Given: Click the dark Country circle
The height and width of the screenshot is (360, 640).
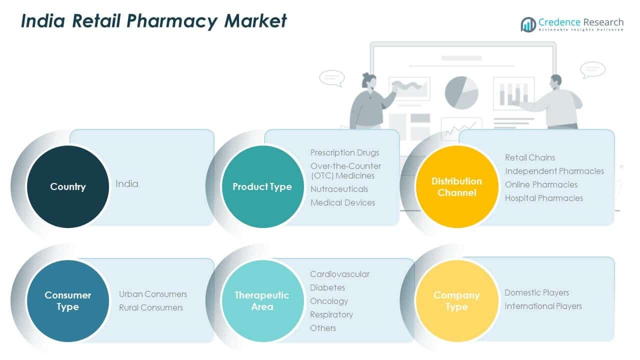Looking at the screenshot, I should tap(67, 186).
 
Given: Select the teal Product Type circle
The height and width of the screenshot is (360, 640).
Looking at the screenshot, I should tap(262, 186).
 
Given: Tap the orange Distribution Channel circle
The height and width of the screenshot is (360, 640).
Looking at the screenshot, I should tap(456, 186).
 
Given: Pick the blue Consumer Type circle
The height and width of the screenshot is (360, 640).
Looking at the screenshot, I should tap(67, 301).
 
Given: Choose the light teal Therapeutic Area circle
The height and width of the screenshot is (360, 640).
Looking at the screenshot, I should tap(262, 301).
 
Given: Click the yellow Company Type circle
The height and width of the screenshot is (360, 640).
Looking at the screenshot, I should tap(456, 301).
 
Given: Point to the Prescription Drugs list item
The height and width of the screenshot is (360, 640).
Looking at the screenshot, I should tap(344, 152).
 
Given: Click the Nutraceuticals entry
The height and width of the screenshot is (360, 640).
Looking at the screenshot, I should tap(339, 189).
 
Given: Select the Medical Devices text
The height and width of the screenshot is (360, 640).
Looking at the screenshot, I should tap(342, 202).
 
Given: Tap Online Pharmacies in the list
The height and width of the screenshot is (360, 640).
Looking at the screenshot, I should tap(541, 184).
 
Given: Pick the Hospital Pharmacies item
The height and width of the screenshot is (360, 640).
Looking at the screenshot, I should tap(543, 198).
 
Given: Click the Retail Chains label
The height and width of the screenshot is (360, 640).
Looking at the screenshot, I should tap(529, 157).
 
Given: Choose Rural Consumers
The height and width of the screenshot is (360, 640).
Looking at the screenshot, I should tap(151, 307).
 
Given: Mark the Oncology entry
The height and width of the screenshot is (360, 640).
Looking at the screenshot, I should tap(328, 301).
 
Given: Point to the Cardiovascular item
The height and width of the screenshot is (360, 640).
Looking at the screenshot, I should tap(339, 274).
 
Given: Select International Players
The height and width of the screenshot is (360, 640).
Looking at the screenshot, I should tap(543, 306).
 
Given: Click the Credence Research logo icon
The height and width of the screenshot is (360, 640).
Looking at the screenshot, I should tap(528, 24).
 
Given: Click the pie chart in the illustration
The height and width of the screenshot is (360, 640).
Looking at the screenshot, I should tap(461, 92).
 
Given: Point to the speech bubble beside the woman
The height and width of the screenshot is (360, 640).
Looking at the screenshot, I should tap(331, 77).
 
